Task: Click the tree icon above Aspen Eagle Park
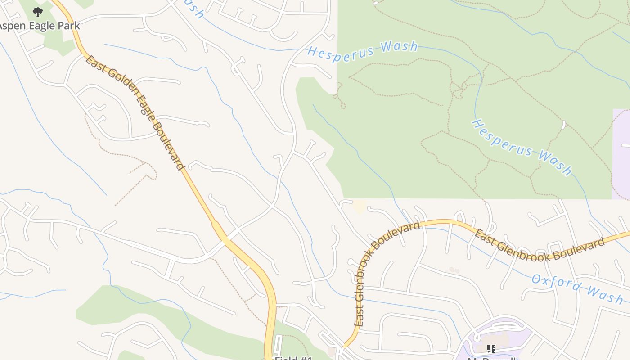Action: pyautogui.click(x=38, y=12)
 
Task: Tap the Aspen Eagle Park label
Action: pyautogui.click(x=40, y=26)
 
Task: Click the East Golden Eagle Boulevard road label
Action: pyautogui.click(x=135, y=112)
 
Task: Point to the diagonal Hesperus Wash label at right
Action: pyautogui.click(x=522, y=147)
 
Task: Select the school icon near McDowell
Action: pyautogui.click(x=491, y=348)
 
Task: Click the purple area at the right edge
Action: pyautogui.click(x=621, y=153)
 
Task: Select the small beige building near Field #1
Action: pyautogui.click(x=332, y=351)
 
